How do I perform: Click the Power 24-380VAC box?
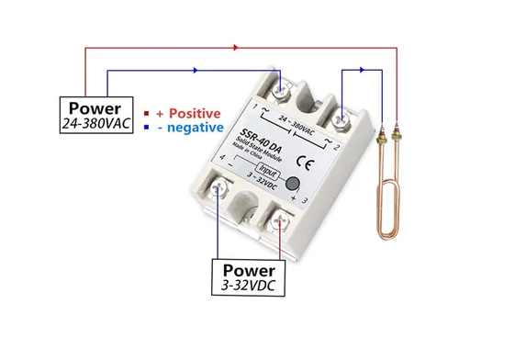(96, 115)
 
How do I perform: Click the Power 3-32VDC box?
(248, 277)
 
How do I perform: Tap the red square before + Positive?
(147, 113)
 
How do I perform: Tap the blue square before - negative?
(147, 127)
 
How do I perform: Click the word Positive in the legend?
(195, 113)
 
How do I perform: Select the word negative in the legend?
(196, 128)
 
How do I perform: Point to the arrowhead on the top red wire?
(236, 48)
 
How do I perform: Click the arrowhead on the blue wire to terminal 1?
(196, 70)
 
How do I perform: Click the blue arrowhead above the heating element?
(362, 70)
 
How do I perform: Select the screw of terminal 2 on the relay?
(341, 119)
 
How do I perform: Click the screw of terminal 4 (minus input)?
(218, 188)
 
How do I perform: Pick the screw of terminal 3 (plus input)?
(279, 221)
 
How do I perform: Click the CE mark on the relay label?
(305, 163)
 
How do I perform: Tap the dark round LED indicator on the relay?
(292, 184)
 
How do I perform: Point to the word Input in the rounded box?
(268, 171)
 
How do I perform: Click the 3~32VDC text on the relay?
(262, 182)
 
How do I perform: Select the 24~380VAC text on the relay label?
(297, 125)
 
